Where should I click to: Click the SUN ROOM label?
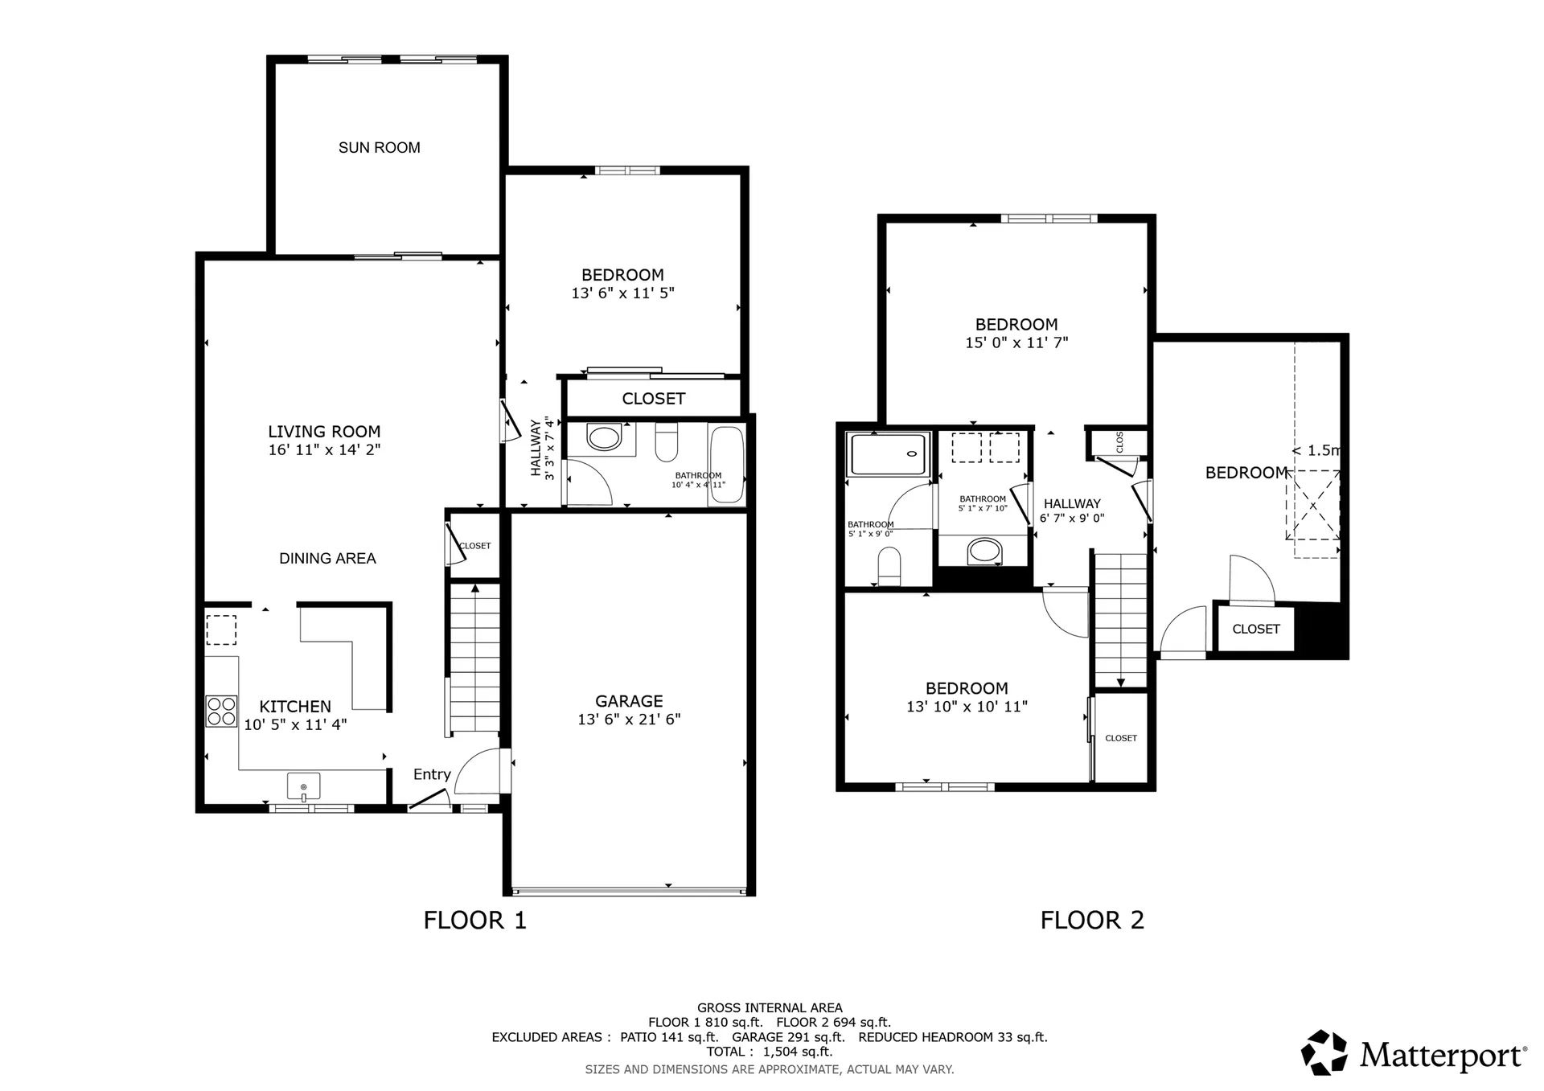click(379, 148)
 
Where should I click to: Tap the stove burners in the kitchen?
click(221, 712)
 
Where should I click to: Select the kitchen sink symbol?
click(303, 786)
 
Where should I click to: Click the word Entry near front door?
click(432, 774)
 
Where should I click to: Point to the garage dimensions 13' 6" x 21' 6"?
click(629, 720)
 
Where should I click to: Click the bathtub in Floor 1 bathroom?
click(727, 465)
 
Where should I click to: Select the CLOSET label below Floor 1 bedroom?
click(653, 399)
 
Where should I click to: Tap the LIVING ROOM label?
click(324, 432)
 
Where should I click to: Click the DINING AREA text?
click(327, 559)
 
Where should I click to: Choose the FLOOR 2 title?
click(1091, 921)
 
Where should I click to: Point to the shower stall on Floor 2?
click(889, 454)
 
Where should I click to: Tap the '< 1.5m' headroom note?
click(1316, 451)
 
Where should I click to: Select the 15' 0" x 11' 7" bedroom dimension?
click(1016, 343)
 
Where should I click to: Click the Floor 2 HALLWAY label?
click(1072, 504)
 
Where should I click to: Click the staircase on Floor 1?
click(474, 659)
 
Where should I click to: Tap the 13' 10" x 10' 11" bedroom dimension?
click(967, 707)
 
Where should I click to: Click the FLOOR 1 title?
click(474, 921)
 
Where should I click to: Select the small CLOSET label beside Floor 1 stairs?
click(474, 546)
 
